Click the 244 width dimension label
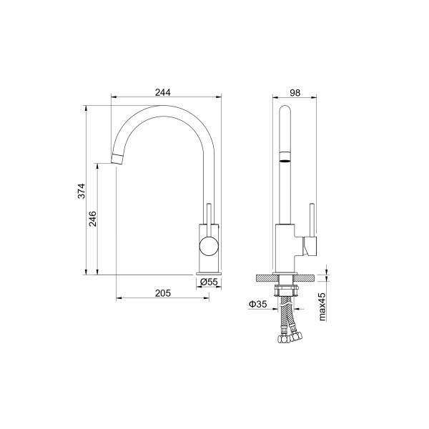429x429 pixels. (x=162, y=92)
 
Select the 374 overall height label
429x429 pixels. (x=82, y=191)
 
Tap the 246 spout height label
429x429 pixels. (x=93, y=219)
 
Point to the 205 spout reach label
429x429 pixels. (x=162, y=293)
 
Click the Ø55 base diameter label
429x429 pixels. (x=209, y=282)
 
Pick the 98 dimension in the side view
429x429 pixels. (x=295, y=93)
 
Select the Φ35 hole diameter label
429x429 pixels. (x=257, y=304)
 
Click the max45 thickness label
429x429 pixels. (x=322, y=307)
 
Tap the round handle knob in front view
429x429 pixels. (x=209, y=246)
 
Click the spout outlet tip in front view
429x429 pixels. (x=117, y=159)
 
